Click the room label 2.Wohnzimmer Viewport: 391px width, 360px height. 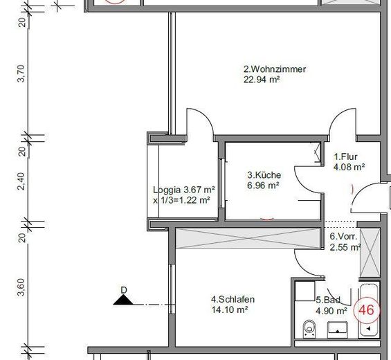tap(275, 69)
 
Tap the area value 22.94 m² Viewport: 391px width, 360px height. tap(262, 80)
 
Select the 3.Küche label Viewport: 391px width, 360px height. tap(264, 175)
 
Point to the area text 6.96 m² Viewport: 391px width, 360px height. tap(263, 186)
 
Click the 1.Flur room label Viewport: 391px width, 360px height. tap(345, 156)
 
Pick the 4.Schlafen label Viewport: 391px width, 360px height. tap(233, 299)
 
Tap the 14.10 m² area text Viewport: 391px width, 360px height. tap(230, 310)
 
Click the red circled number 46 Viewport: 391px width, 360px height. tap(367, 310)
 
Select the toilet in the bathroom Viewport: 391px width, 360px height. tap(309, 329)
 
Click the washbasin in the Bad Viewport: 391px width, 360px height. tap(338, 329)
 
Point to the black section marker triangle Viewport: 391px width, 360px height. tap(123, 300)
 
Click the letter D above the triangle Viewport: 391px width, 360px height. tap(124, 290)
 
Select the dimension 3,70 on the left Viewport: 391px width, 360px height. tap(21, 73)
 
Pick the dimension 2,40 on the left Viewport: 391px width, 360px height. tap(21, 181)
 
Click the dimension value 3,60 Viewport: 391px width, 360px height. tap(21, 287)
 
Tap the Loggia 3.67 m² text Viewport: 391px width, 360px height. tap(184, 190)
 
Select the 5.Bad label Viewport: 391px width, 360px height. tap(328, 300)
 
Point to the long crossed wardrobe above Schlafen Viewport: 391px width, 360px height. tap(248, 238)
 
